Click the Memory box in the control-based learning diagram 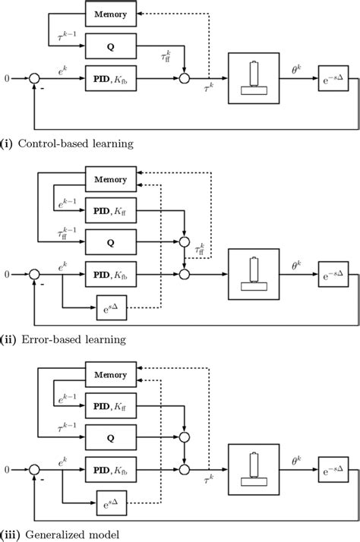click(x=111, y=14)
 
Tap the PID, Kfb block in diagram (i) click(x=111, y=77)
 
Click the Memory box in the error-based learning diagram click(x=111, y=179)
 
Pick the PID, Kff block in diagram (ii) click(x=111, y=210)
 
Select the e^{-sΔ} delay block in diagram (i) click(x=334, y=77)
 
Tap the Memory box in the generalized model click(x=111, y=374)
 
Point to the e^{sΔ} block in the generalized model click(x=111, y=503)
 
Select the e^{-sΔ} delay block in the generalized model click(x=334, y=468)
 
